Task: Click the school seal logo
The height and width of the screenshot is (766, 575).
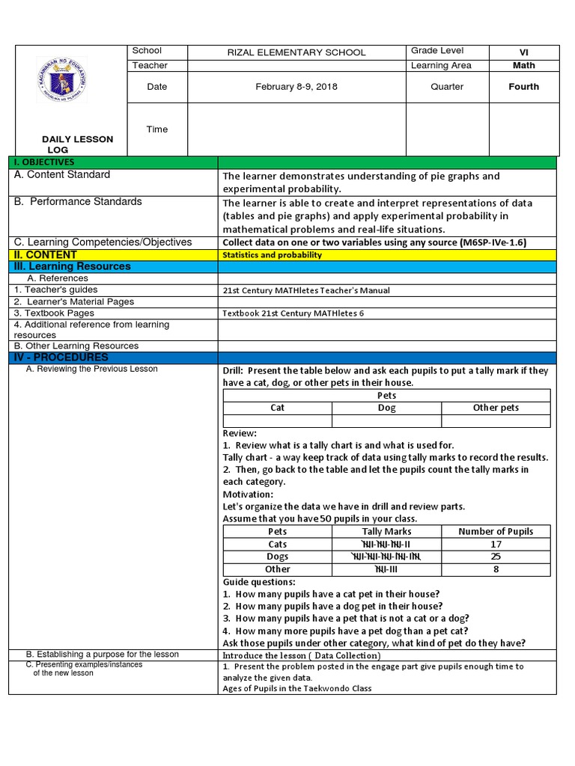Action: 61,80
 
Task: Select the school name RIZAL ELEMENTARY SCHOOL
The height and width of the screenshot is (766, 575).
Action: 296,52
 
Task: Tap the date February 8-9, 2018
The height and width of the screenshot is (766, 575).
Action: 296,87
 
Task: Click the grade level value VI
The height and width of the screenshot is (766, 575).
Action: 523,52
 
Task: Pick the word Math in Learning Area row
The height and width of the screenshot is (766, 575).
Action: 523,66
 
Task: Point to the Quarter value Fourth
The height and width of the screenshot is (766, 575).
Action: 523,87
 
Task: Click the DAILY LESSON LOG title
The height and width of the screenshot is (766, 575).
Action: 77,144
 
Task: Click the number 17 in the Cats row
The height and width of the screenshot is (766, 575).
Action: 496,545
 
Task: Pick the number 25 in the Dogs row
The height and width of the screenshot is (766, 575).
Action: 496,557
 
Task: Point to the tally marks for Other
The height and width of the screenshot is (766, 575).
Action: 386,569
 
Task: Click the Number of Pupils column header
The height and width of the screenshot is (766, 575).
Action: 496,532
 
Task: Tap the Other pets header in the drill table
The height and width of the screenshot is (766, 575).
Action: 496,408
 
